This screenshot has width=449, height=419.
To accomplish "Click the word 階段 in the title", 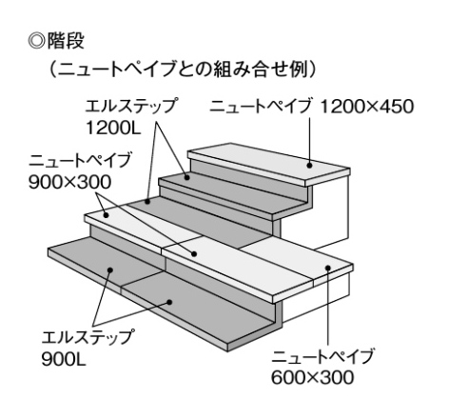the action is (66, 41).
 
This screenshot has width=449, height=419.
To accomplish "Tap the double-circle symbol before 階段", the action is (36, 41).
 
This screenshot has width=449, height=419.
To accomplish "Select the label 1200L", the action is (113, 129).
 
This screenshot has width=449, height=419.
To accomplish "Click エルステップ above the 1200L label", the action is (130, 107).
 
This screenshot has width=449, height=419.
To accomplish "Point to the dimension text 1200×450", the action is (367, 107).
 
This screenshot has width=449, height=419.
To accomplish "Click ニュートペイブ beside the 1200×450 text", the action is (260, 107).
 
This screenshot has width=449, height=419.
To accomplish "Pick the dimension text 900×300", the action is (70, 182).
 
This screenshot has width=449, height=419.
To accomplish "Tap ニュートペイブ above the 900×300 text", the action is (79, 160).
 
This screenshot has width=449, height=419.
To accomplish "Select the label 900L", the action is (64, 360).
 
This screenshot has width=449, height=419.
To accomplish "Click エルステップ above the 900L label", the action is (87, 337).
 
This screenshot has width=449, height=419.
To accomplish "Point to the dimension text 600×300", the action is (313, 377).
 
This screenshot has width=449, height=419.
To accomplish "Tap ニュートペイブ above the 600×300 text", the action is (322, 356).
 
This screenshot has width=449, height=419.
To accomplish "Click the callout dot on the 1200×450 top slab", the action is (309, 165).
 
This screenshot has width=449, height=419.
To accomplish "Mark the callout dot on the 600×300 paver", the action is (328, 268).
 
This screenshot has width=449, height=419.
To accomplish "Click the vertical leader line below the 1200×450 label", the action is (309, 140).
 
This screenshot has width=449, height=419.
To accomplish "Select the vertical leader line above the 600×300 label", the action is (328, 307).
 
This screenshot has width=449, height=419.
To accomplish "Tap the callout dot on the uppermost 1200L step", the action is (187, 177).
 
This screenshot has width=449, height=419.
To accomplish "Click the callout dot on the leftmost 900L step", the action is (110, 270).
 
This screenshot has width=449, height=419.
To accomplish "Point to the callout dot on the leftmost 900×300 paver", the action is (107, 215).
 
